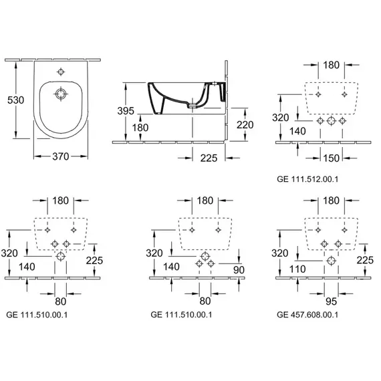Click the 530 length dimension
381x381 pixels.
click(x=15, y=100)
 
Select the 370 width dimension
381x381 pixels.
click(x=61, y=156)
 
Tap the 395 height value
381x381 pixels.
click(x=126, y=111)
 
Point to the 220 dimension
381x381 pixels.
click(x=245, y=124)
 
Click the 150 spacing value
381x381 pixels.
click(x=331, y=158)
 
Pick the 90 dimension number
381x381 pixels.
click(x=239, y=270)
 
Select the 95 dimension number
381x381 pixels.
click(x=331, y=301)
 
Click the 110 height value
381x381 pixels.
click(x=297, y=269)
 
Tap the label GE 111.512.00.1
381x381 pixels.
click(x=307, y=179)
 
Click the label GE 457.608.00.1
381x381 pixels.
click(x=307, y=315)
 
